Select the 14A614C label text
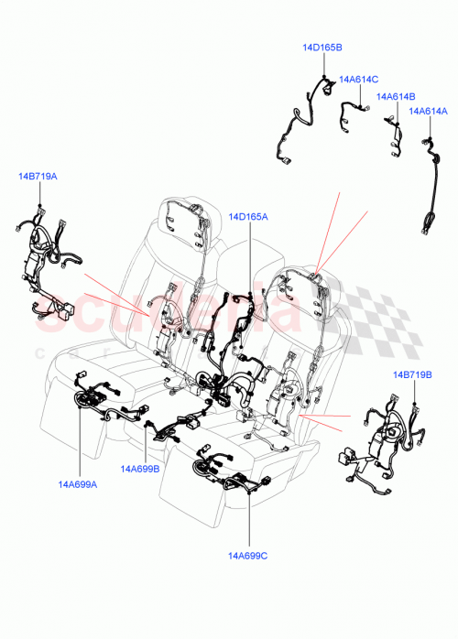click(x=358, y=80)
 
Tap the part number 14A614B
click(x=397, y=96)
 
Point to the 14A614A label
click(x=427, y=112)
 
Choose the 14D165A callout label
click(x=248, y=217)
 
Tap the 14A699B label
click(x=139, y=468)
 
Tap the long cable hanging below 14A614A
click(x=429, y=188)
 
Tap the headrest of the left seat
click(x=188, y=216)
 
